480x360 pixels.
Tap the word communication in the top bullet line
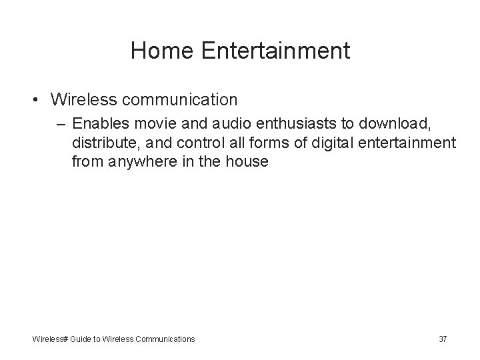tap(179, 100)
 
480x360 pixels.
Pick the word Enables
tap(100, 123)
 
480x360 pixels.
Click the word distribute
tap(102, 142)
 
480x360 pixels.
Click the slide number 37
tap(443, 339)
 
